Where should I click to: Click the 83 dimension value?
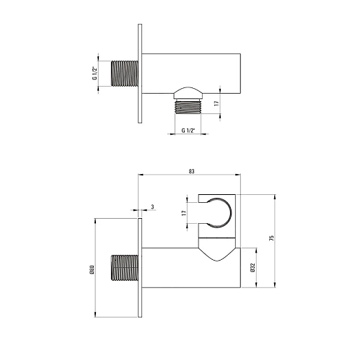point(191,171)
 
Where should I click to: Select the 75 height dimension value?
point(272,238)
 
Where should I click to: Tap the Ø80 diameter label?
point(92,269)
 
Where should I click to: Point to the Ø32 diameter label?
point(253,268)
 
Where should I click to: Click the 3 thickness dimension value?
point(152,206)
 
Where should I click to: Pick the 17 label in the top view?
point(216,103)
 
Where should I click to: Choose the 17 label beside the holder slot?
point(184,213)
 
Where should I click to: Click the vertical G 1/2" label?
point(95,74)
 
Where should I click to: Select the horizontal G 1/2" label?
point(188,131)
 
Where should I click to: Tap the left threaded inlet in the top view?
point(125,74)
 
